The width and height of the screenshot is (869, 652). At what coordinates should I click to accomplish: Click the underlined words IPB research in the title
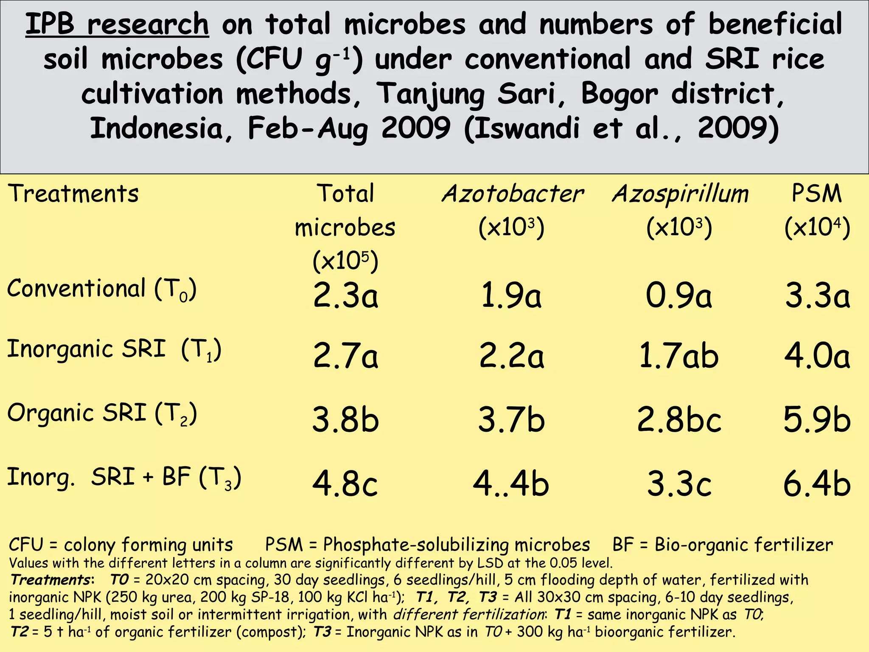click(117, 25)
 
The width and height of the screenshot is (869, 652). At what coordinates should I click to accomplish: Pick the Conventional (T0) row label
click(102, 289)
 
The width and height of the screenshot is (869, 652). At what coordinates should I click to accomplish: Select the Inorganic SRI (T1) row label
click(114, 350)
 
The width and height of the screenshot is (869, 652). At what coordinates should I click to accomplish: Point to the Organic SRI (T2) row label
click(102, 413)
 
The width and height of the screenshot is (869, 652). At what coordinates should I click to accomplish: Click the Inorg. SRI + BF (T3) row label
click(124, 477)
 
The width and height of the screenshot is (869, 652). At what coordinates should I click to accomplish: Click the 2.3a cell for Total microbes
click(345, 295)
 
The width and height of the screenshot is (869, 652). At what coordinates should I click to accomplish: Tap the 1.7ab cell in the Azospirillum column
click(679, 356)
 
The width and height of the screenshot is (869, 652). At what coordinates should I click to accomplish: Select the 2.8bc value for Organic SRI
click(679, 420)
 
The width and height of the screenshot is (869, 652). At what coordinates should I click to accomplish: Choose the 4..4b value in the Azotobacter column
click(511, 483)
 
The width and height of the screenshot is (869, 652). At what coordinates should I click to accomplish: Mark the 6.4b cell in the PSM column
click(817, 483)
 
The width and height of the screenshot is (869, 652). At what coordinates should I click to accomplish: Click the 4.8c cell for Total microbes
click(345, 483)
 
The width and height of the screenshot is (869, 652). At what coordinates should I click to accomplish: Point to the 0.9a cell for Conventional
click(679, 295)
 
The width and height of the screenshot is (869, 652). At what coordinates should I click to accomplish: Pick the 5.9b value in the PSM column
click(817, 420)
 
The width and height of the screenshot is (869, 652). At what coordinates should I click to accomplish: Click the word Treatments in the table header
click(73, 194)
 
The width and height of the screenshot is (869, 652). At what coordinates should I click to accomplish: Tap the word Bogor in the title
click(620, 94)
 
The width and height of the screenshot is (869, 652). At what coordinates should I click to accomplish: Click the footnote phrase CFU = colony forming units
click(121, 545)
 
